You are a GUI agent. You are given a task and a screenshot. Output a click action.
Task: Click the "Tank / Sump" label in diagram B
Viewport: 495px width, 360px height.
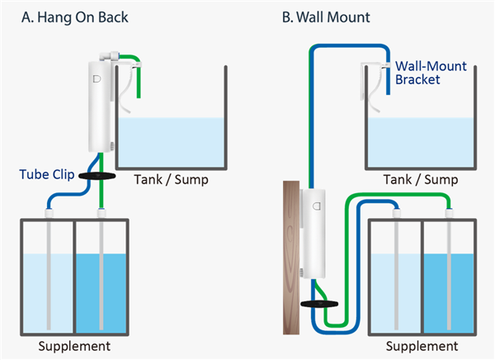click(421, 179)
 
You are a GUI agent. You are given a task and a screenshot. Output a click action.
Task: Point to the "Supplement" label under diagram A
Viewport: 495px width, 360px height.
click(75, 344)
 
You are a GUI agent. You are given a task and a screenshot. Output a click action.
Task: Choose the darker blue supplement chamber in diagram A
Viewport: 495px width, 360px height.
click(101, 289)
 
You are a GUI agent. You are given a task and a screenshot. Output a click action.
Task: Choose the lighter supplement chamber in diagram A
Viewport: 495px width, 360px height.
click(47, 289)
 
